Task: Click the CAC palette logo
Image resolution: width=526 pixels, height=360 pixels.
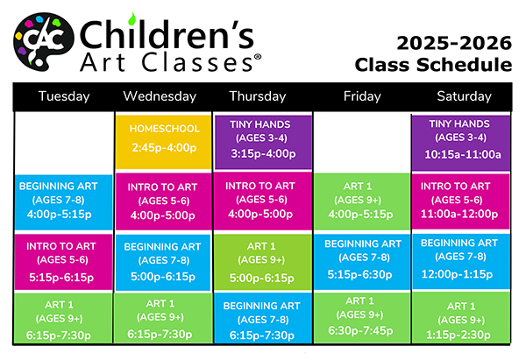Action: (x=44, y=42)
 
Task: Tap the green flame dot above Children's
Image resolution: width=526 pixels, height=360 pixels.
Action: (x=131, y=19)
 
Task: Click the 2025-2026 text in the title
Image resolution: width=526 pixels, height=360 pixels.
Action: (x=454, y=43)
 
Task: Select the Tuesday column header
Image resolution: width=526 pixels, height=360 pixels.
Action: (x=64, y=96)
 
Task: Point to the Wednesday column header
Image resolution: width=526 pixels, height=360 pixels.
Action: (x=160, y=96)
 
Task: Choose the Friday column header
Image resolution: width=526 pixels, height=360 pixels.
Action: (x=362, y=96)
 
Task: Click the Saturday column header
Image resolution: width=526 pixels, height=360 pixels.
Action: (x=464, y=96)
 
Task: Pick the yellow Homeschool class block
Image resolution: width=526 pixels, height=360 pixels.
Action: (x=163, y=142)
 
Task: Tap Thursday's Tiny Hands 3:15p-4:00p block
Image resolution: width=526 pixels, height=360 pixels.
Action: (x=263, y=142)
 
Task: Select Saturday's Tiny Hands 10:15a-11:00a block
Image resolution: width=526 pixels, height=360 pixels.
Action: (x=461, y=143)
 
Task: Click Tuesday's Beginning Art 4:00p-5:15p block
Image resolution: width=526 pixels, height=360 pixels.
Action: (x=63, y=202)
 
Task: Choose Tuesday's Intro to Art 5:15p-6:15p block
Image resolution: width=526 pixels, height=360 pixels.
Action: (x=63, y=262)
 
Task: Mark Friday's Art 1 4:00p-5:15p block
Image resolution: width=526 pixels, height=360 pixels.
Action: (x=362, y=201)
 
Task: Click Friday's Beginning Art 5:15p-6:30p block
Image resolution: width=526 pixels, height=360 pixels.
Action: (x=362, y=261)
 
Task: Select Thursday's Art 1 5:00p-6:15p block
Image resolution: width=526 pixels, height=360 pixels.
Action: (x=263, y=262)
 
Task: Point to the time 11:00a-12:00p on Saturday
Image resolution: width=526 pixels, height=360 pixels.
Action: (x=459, y=214)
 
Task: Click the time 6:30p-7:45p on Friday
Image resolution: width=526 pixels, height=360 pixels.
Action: (x=360, y=331)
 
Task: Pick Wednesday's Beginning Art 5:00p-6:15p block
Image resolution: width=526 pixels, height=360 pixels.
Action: (x=163, y=262)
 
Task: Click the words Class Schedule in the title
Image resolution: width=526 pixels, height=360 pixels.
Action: (x=433, y=65)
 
